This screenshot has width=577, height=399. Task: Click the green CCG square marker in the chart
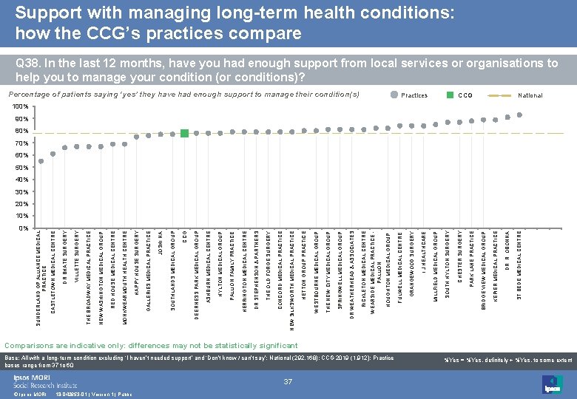click(x=184, y=133)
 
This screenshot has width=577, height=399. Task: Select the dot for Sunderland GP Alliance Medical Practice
click(x=41, y=160)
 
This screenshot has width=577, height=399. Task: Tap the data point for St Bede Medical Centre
click(x=519, y=115)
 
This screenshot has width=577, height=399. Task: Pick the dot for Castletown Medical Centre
click(x=53, y=152)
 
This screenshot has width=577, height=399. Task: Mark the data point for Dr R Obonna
click(x=507, y=117)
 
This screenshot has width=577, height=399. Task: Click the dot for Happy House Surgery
click(x=137, y=137)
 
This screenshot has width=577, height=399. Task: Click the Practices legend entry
click(x=414, y=95)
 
